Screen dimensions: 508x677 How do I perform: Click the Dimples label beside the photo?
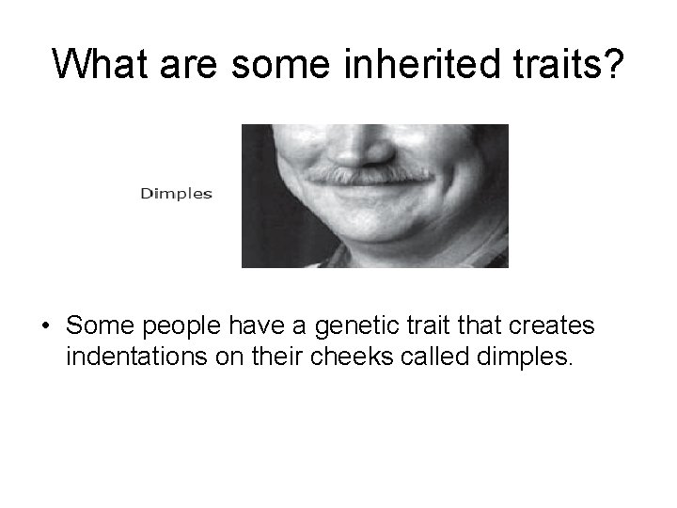(x=177, y=195)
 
